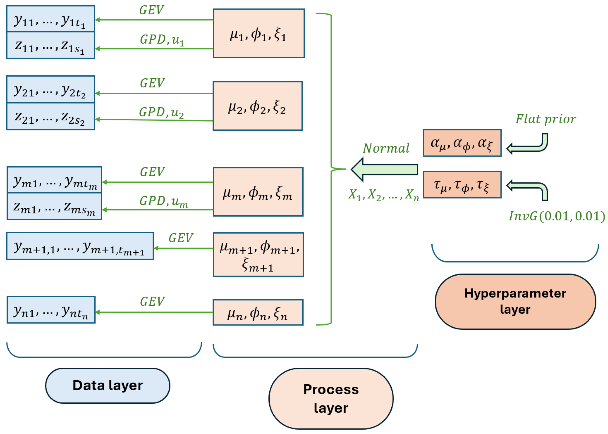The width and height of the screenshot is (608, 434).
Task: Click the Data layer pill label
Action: point(107,385)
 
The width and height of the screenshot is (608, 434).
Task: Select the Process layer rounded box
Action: point(331,399)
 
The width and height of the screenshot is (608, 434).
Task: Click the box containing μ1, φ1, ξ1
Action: point(258,33)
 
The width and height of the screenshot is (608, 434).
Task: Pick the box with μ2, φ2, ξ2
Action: point(258,106)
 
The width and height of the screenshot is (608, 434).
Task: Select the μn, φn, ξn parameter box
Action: point(258,312)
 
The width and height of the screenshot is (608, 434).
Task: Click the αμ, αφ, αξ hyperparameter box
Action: point(462,143)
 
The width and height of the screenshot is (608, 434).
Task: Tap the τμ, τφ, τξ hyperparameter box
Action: point(462,185)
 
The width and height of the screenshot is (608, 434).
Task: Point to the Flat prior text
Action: point(545,119)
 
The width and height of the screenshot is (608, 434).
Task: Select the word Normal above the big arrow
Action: point(386,148)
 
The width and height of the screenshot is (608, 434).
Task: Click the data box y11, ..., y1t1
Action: point(50,19)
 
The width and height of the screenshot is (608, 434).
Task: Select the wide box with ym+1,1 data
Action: point(80,246)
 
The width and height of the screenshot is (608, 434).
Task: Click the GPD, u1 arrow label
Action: point(162,40)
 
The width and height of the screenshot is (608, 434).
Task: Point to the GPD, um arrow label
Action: point(164,201)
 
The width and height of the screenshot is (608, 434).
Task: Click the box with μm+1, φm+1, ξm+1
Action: point(258,255)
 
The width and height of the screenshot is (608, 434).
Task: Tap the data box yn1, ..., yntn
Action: point(51,310)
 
